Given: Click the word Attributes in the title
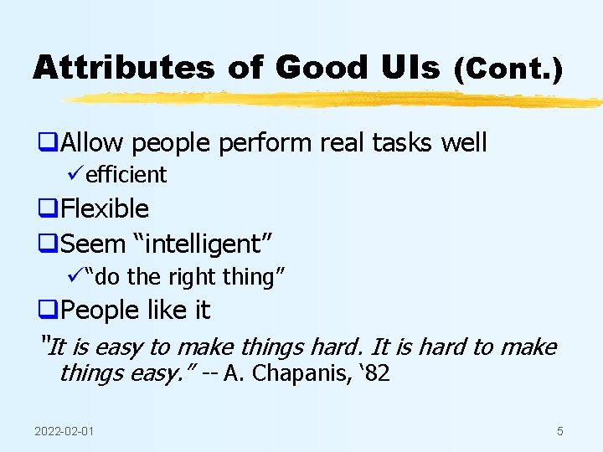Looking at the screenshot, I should click(123, 68).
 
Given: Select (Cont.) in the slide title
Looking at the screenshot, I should click(508, 69).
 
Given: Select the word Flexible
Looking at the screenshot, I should click(105, 208).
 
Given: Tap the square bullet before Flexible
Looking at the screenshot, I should click(49, 209).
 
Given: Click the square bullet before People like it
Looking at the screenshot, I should click(49, 311).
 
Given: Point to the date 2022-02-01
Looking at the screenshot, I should click(64, 431).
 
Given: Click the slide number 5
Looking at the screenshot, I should click(559, 431).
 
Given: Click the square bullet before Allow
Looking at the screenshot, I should click(49, 143).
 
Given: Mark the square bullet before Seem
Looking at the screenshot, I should click(49, 244).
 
